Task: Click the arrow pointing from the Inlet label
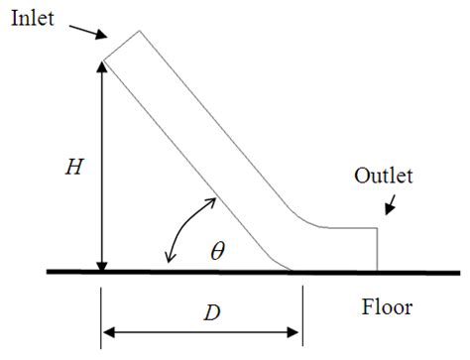pyautogui.click(x=86, y=33)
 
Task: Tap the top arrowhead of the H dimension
pyautogui.click(x=102, y=66)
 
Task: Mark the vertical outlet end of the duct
pyautogui.click(x=378, y=248)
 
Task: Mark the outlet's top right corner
pyautogui.click(x=378, y=228)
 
